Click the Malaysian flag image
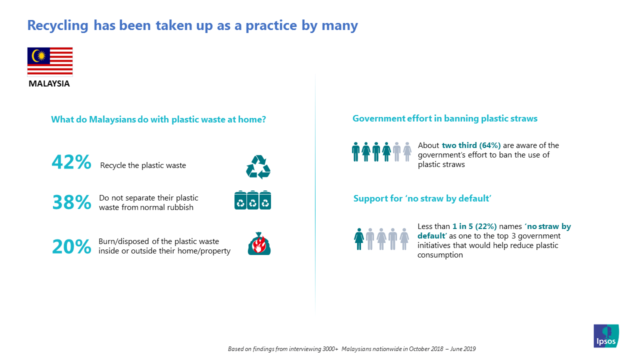[x=50, y=61]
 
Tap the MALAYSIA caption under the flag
[x=49, y=83]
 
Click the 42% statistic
[x=71, y=162]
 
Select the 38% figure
[x=71, y=202]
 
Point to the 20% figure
[x=71, y=246]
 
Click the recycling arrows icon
[x=258, y=167]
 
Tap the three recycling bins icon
[x=253, y=200]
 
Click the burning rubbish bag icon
[x=259, y=243]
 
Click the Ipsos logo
[x=606, y=335]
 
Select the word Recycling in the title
[x=57, y=25]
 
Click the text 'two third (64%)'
[x=471, y=145]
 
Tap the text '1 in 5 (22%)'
[x=474, y=226]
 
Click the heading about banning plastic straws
[x=445, y=118]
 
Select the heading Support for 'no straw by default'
[x=422, y=198]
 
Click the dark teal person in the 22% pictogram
[x=359, y=239]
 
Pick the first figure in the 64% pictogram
[x=355, y=151]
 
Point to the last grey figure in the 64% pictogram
[x=407, y=151]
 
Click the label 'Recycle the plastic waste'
[x=143, y=165]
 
